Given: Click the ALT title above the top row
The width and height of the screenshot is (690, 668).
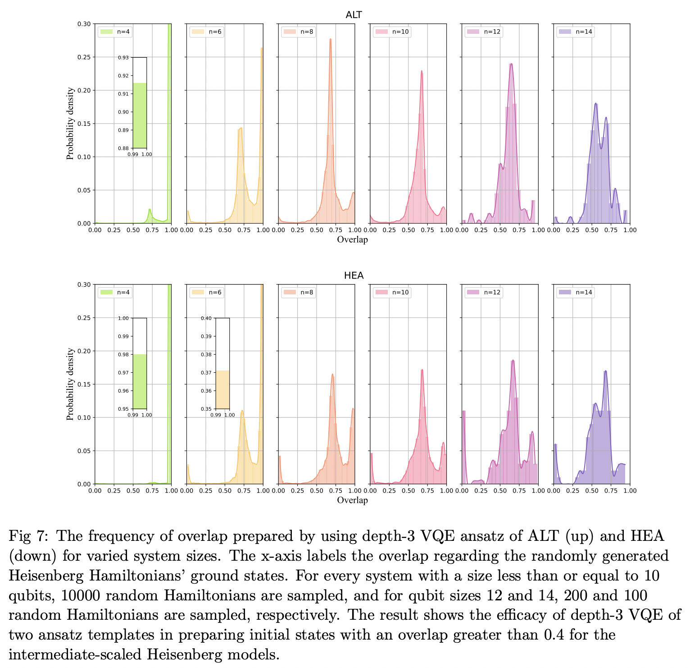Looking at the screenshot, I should click(354, 15).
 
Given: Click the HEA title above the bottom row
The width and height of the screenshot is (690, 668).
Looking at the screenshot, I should click(354, 276).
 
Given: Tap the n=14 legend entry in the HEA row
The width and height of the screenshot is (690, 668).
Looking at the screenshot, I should click(576, 293).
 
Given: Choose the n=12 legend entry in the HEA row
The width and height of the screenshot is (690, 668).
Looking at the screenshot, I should click(484, 293).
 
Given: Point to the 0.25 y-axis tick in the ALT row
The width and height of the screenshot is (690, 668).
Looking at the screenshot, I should click(84, 57).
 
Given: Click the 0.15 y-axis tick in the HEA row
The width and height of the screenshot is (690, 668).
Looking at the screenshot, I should click(84, 384).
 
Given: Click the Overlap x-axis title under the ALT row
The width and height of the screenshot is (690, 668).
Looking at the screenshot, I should click(352, 240).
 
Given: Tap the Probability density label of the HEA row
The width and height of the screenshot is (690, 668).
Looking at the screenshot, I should click(70, 384).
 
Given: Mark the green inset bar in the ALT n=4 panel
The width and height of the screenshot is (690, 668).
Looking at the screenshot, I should click(140, 115).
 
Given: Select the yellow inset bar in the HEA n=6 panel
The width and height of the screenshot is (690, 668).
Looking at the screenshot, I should click(222, 389).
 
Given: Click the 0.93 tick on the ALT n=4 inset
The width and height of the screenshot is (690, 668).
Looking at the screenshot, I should click(123, 58).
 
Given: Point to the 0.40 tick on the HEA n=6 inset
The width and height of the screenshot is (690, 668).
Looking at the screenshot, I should click(206, 318).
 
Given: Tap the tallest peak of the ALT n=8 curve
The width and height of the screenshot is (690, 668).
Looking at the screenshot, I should click(330, 40).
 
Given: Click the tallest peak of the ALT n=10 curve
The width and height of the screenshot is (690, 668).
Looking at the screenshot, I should click(422, 71).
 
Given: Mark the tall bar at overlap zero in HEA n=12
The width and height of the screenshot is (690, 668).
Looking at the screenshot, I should click(463, 446).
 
